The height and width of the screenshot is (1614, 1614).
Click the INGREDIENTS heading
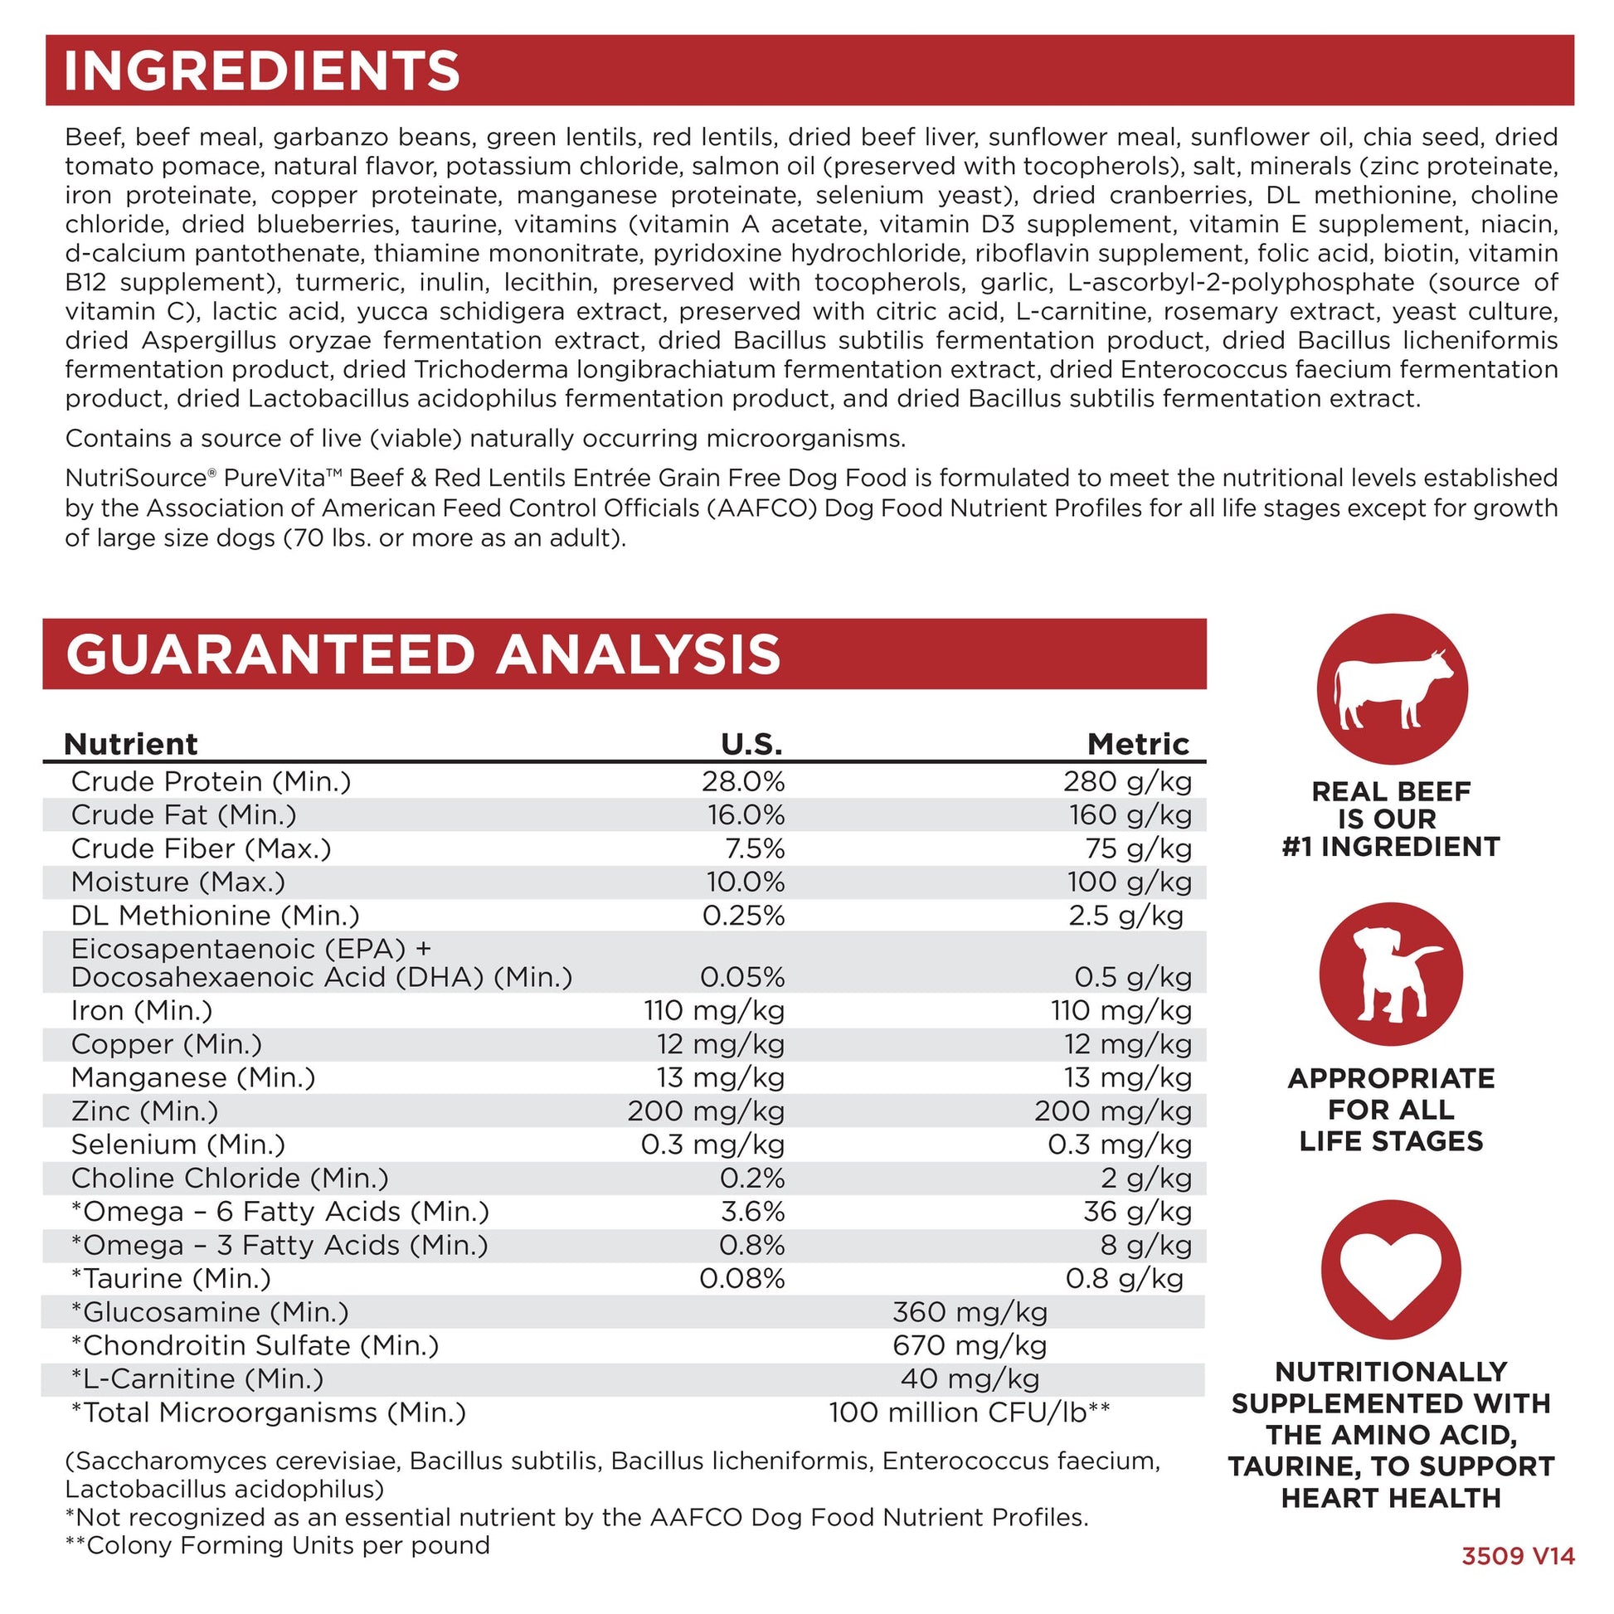261,71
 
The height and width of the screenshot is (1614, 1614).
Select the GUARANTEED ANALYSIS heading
423,654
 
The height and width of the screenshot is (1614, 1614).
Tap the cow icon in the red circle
1393,689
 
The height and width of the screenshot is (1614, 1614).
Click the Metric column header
1138,743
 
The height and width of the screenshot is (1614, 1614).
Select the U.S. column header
752,743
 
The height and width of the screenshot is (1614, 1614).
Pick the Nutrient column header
131,743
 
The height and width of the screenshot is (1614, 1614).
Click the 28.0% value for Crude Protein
742,781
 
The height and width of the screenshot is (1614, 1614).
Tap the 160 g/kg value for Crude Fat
1130,814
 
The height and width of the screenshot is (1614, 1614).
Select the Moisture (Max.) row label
178,882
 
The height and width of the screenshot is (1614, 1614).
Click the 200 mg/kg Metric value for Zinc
1113,1111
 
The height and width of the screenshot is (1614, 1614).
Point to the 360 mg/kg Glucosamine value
969,1311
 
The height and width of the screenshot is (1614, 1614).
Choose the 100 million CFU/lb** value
969,1412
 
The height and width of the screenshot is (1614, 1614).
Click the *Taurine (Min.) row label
171,1278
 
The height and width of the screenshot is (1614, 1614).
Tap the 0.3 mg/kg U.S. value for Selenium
712,1145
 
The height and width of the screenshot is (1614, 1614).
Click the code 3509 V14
1518,1556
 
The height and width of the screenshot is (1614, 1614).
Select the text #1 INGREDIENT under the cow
1391,847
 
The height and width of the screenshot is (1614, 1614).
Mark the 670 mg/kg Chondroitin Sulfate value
969,1345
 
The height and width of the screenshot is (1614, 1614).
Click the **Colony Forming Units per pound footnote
277,1544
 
